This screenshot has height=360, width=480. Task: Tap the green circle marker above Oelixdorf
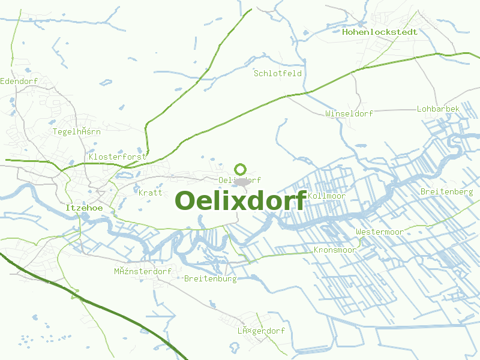[x=241, y=169]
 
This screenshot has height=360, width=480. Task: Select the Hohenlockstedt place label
[x=380, y=32]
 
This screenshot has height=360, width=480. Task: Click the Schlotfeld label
[x=278, y=73]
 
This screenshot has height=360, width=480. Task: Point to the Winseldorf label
[x=349, y=113]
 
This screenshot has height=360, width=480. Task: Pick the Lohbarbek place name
[x=438, y=109]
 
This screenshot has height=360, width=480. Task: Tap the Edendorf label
[x=19, y=81]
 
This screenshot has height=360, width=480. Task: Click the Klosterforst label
[x=118, y=157]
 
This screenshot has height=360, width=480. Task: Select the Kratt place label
[x=151, y=193]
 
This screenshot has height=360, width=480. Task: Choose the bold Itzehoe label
[x=84, y=208]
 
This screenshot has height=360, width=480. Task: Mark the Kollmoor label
[x=326, y=196]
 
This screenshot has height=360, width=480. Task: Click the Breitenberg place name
[x=447, y=192]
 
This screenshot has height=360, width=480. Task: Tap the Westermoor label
[x=379, y=232]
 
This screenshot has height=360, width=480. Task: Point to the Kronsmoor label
[x=335, y=250]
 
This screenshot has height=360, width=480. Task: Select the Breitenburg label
[x=211, y=278]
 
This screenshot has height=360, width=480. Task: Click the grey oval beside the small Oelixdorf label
[x=242, y=181]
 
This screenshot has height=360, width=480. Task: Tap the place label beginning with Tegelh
[x=77, y=131]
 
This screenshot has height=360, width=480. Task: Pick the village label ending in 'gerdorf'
[x=261, y=331]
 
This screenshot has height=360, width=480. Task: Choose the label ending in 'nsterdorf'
[x=143, y=271]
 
